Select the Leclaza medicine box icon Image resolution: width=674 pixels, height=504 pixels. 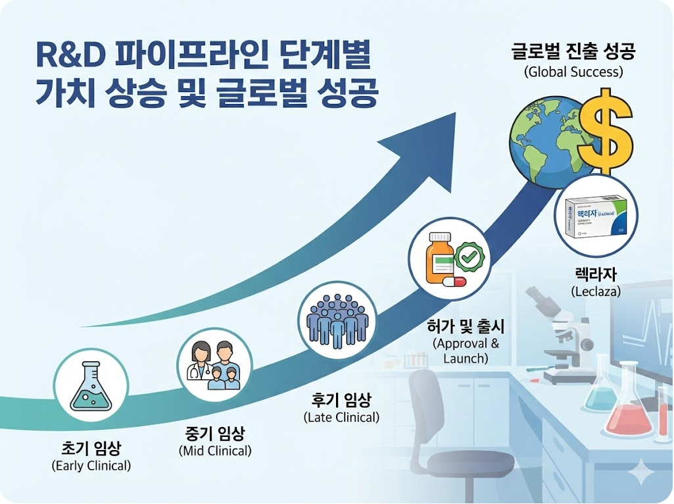coord(596,214)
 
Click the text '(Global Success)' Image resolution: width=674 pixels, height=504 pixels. coord(573,72)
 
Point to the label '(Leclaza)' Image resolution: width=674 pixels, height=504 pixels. coord(596,291)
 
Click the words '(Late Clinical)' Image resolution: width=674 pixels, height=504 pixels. coord(341,417)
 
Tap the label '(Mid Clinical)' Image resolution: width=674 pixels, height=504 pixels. coord(215,451)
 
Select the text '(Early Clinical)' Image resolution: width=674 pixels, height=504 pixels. coord(91,466)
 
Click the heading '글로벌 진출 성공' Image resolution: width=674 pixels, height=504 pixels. coord(573,51)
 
